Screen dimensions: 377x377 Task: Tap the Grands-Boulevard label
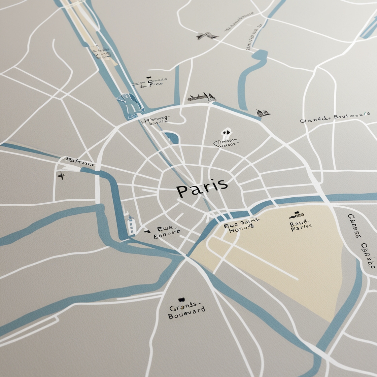point(186,311)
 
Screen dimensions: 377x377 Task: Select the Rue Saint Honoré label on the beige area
point(242,225)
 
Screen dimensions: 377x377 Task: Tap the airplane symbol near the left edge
point(61,175)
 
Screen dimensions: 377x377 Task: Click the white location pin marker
point(227,132)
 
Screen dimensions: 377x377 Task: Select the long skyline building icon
point(202,98)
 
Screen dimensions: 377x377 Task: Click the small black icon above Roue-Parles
point(296,214)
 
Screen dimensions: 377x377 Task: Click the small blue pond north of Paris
point(172,137)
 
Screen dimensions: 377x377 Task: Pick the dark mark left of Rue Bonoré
point(147,231)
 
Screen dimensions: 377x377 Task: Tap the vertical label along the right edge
point(362,240)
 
